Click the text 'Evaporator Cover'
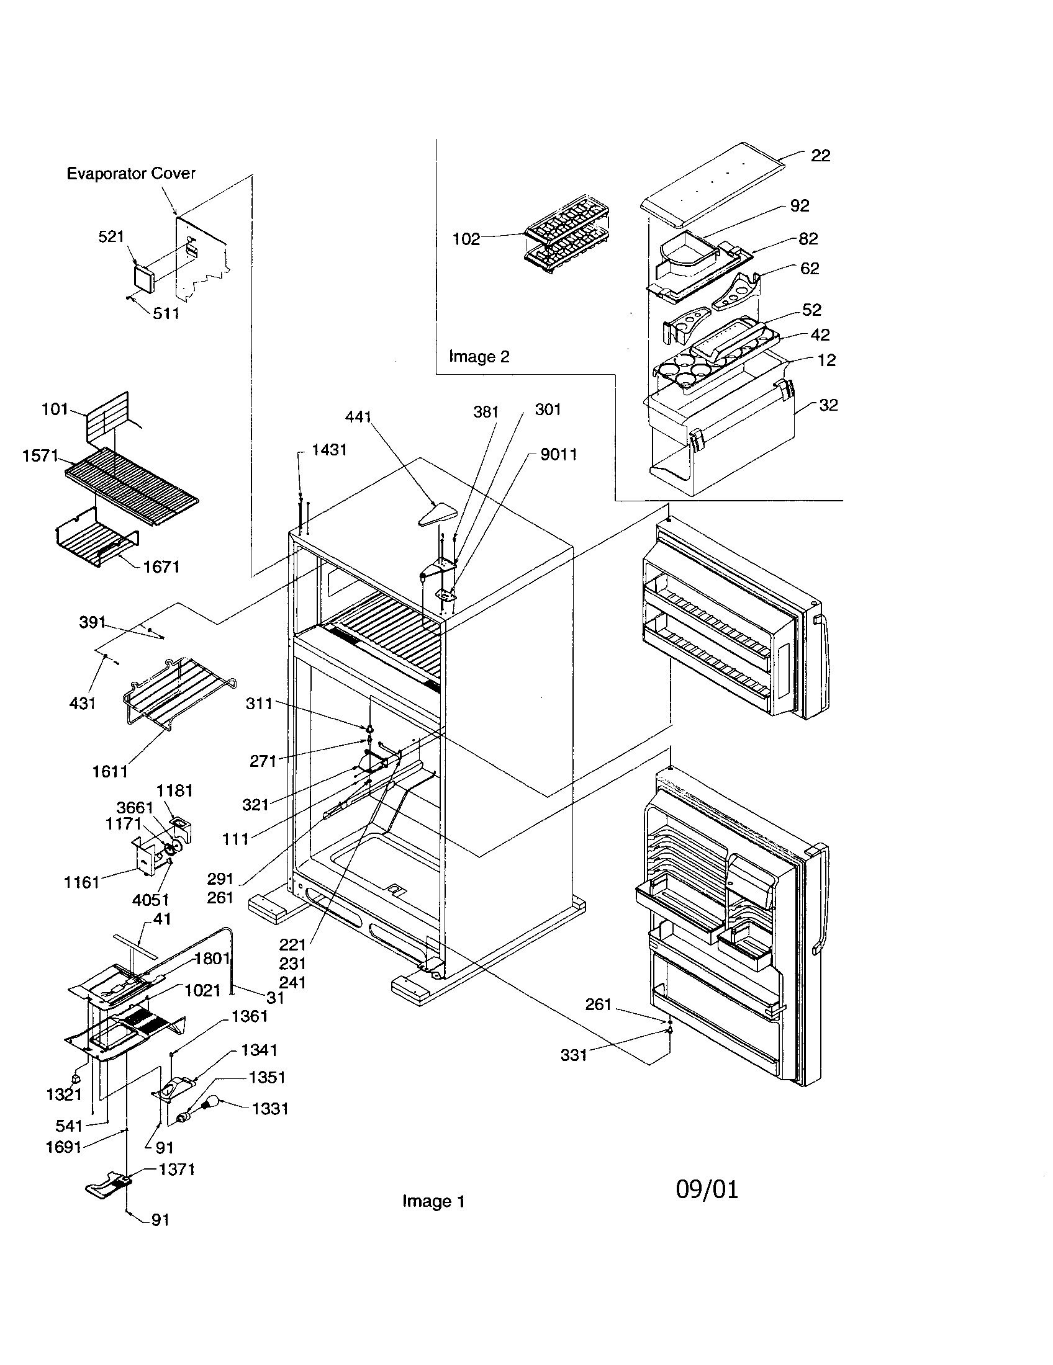(x=130, y=174)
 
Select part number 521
(x=111, y=236)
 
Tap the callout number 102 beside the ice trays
(x=466, y=239)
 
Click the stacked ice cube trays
(x=566, y=236)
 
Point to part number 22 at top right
(x=820, y=156)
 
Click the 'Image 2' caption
(x=479, y=357)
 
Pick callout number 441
(x=358, y=417)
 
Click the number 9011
(x=558, y=454)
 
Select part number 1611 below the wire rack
(x=110, y=772)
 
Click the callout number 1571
(x=40, y=455)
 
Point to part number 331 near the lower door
(x=574, y=1055)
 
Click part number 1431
(x=329, y=449)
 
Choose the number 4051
(x=150, y=900)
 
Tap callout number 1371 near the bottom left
(x=177, y=1170)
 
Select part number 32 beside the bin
(x=828, y=405)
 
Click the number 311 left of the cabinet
(x=259, y=704)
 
